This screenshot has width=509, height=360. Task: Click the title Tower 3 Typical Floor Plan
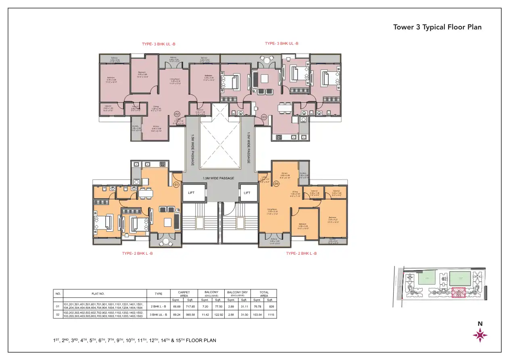coord(437,27)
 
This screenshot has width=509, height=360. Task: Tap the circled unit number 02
coord(176,114)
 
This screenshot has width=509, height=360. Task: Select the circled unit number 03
coord(264,117)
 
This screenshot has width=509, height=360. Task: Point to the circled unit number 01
coord(176,185)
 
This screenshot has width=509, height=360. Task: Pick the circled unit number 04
coord(276,184)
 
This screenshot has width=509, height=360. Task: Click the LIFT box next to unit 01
coord(191,193)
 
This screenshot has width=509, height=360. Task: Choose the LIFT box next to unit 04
coord(247,193)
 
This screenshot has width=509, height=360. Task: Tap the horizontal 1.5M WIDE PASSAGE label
coord(218,178)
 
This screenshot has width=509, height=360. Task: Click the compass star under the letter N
coord(480,335)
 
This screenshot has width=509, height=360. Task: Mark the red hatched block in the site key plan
coord(458,292)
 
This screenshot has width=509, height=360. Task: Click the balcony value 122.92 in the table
coord(218,314)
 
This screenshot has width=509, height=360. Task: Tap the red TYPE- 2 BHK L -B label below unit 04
coord(301,253)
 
